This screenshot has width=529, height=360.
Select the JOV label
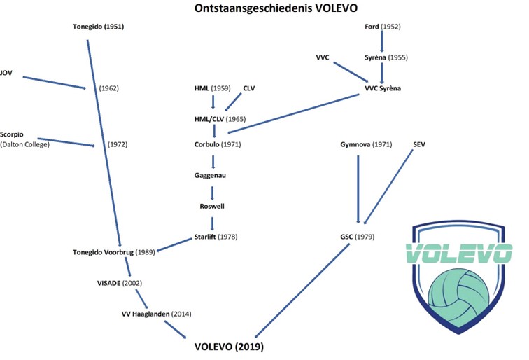pos(7,72)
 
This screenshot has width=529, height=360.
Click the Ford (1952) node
pos(381,27)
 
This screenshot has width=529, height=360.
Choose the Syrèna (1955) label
pos(386,57)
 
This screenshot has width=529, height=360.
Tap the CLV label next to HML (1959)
pos(249,88)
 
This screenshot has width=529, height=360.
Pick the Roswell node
pos(212,207)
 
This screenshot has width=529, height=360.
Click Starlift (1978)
pos(217,237)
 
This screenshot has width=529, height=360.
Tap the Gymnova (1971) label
pos(365,144)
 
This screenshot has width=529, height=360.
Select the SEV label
pos(419,144)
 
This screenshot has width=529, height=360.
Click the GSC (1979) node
pos(356,237)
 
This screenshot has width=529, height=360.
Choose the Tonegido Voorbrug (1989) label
pos(113,252)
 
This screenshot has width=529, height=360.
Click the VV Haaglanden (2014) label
pos(156,314)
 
